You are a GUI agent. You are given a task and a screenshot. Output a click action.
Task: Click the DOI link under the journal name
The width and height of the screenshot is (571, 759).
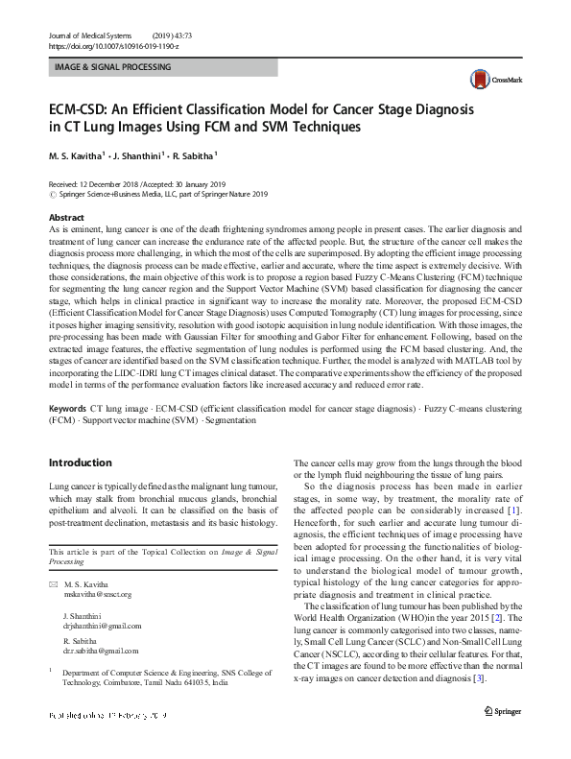pyautogui.click(x=114, y=45)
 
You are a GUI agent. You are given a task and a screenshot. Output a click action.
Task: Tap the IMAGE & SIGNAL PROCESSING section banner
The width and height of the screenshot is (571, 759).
pyautogui.click(x=163, y=68)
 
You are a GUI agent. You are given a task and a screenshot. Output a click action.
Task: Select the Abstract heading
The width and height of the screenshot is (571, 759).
pyautogui.click(x=66, y=218)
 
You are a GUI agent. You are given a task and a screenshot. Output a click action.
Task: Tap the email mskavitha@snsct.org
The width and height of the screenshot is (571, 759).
pyautogui.click(x=95, y=595)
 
